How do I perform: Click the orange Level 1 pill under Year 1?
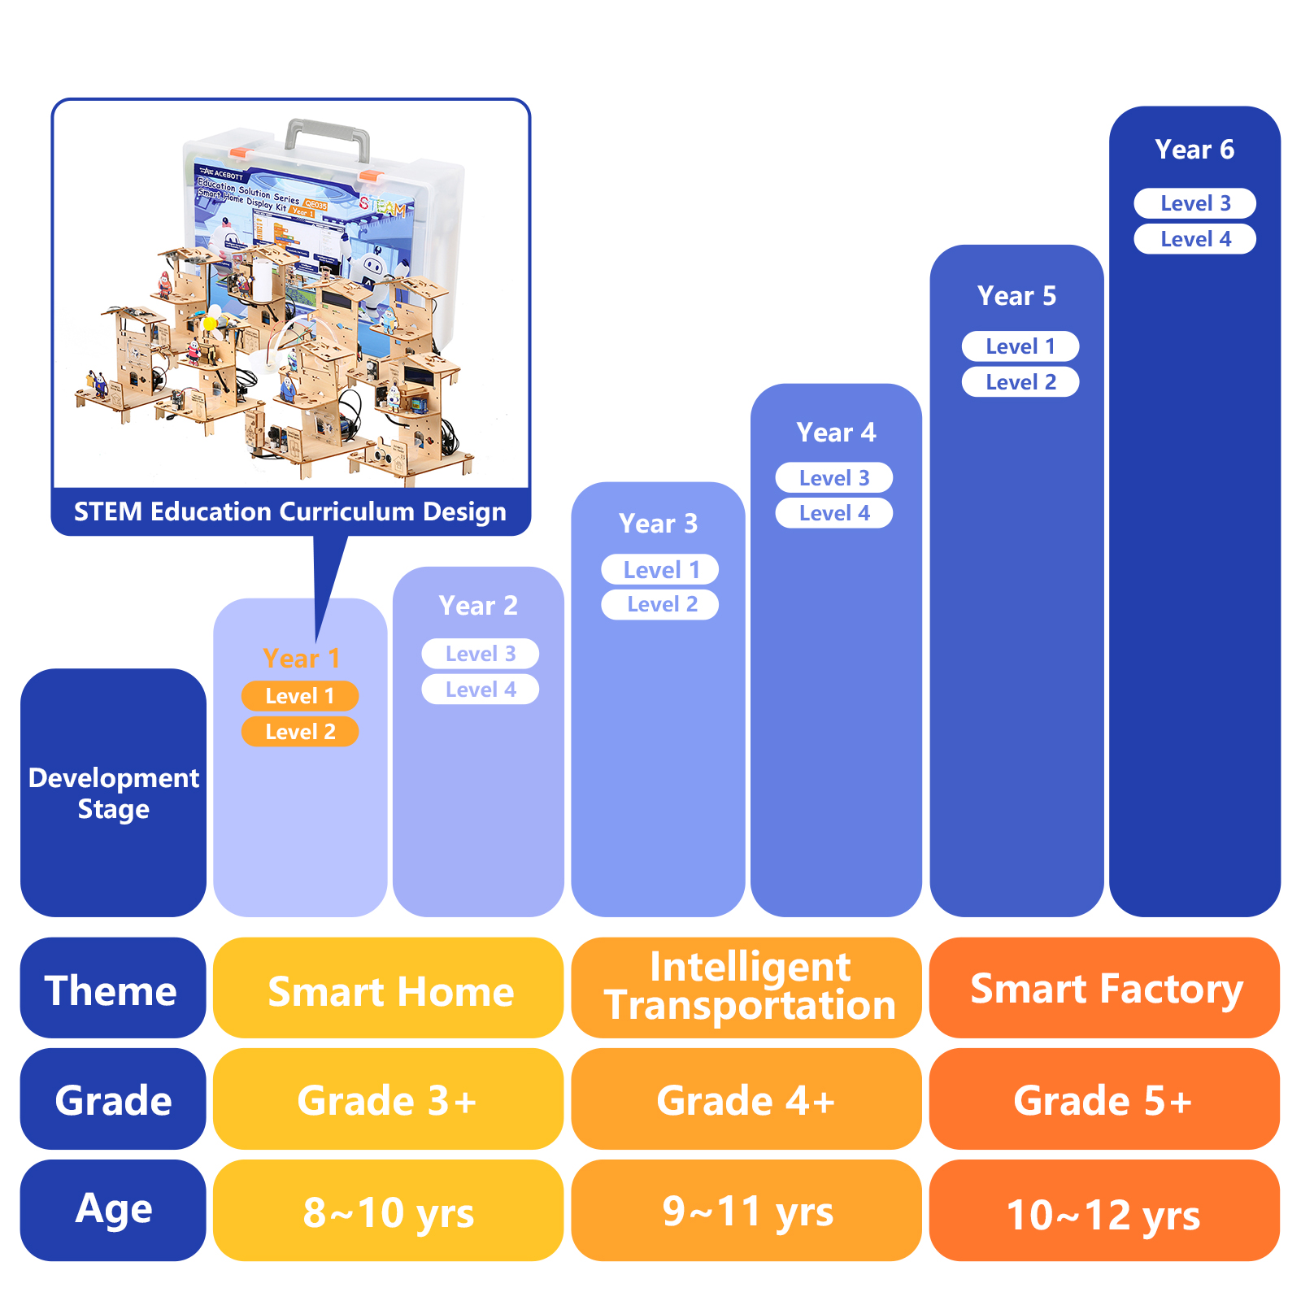point(299,696)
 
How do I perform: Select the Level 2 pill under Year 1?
point(299,732)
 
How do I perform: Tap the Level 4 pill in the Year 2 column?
point(480,690)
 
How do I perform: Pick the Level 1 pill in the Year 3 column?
point(659,570)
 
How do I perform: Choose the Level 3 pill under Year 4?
point(833,478)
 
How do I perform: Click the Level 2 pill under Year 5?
point(1020,382)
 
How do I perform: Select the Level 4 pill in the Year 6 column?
point(1194,239)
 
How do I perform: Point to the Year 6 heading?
point(1194,150)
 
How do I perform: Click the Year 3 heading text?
point(658,524)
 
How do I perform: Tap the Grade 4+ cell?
point(746,1099)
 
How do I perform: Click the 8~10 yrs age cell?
point(388,1212)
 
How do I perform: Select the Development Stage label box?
point(113,793)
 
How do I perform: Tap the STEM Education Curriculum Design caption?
point(290,511)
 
